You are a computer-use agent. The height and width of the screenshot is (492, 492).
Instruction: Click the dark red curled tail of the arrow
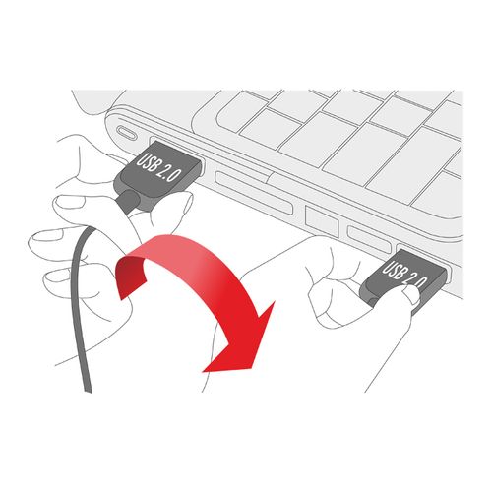[130, 276]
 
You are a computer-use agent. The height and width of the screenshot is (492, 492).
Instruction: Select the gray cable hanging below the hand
[81, 308]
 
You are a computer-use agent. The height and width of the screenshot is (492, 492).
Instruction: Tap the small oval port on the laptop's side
[127, 133]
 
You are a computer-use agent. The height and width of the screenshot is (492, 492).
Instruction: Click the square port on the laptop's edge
[322, 220]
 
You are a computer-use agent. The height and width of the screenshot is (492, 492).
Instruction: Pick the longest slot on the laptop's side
[254, 193]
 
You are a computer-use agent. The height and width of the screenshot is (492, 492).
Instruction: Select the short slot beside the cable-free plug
[370, 239]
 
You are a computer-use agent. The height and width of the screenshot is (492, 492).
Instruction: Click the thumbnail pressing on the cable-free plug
[412, 292]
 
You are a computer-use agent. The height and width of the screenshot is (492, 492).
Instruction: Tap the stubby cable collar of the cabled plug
[130, 201]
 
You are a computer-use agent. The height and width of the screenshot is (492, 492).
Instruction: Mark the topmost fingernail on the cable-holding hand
[71, 202]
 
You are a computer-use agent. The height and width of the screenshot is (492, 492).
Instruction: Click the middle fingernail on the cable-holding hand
[47, 235]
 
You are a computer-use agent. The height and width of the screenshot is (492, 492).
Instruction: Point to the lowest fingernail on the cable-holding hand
[56, 277]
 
